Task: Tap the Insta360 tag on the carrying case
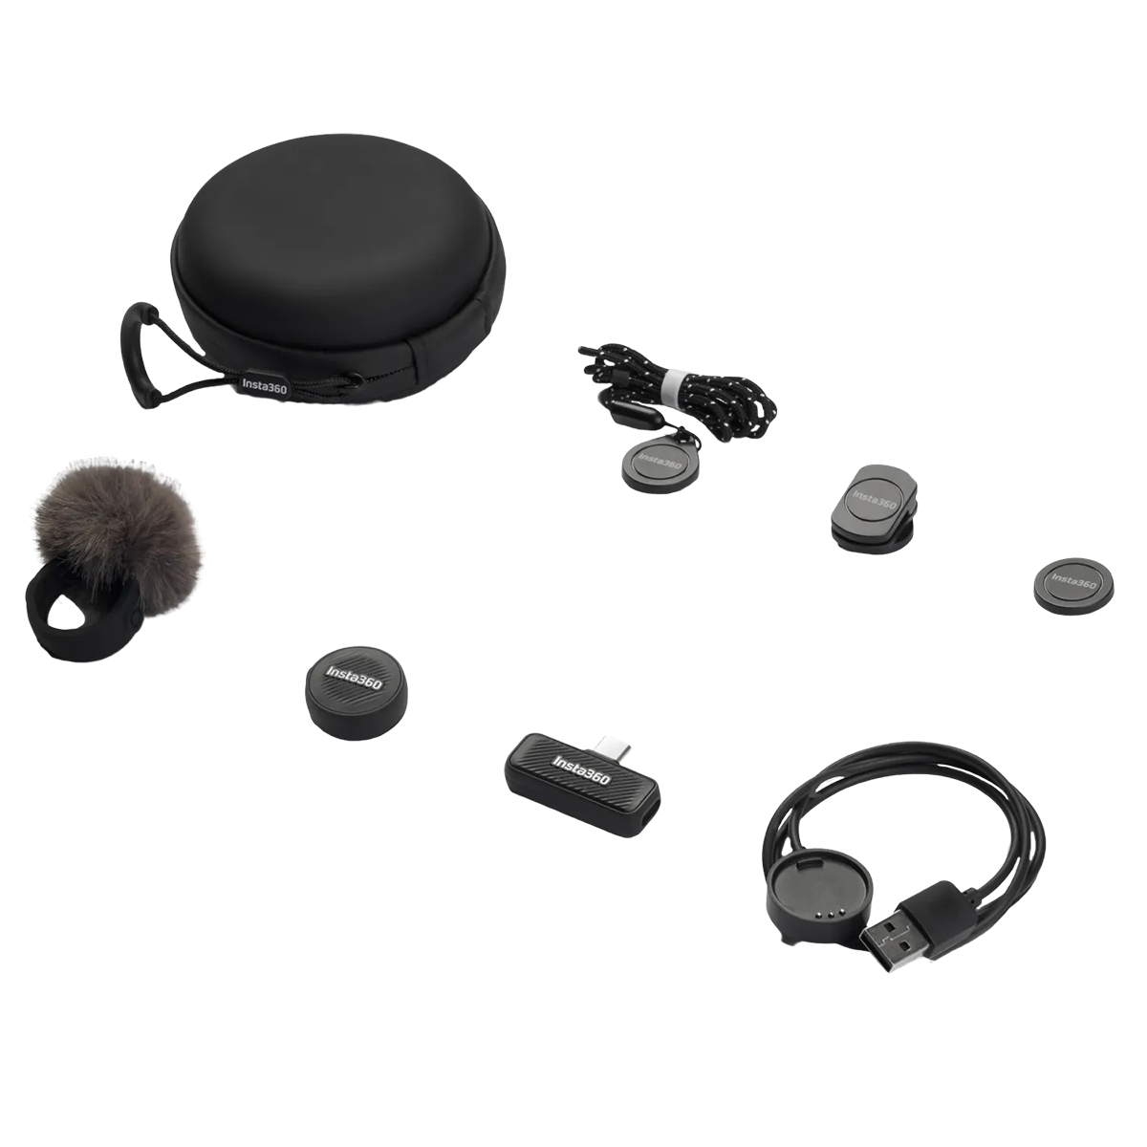click(x=264, y=386)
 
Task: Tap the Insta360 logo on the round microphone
click(x=354, y=678)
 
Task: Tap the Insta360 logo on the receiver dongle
click(x=581, y=769)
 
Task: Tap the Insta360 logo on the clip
click(x=874, y=499)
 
